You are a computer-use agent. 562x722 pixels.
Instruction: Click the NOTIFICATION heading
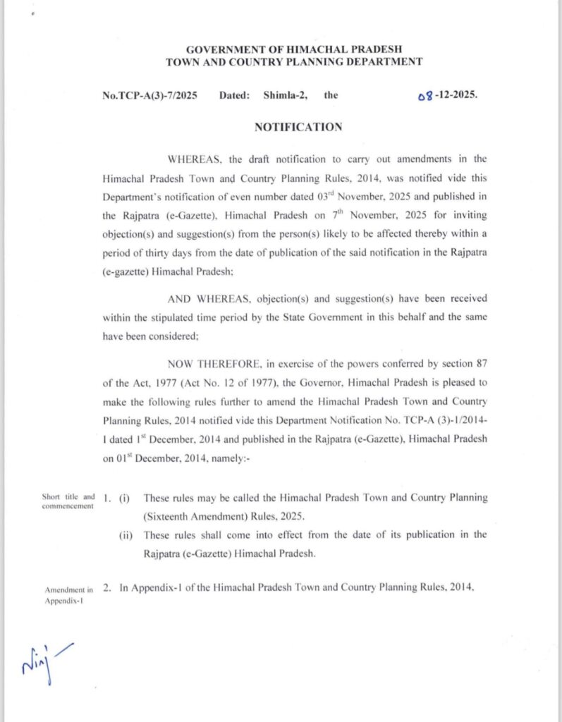click(x=298, y=127)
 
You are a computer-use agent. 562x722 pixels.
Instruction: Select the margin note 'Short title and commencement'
click(x=68, y=501)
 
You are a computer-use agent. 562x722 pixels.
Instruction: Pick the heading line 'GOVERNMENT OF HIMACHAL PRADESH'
click(x=294, y=49)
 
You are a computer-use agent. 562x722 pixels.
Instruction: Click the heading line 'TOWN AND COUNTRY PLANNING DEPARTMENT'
click(x=294, y=62)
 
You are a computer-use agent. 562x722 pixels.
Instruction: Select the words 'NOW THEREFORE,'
click(x=204, y=363)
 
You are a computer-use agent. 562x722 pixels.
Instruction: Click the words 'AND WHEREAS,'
click(x=200, y=299)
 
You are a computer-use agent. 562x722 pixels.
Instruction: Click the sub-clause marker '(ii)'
click(x=128, y=534)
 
